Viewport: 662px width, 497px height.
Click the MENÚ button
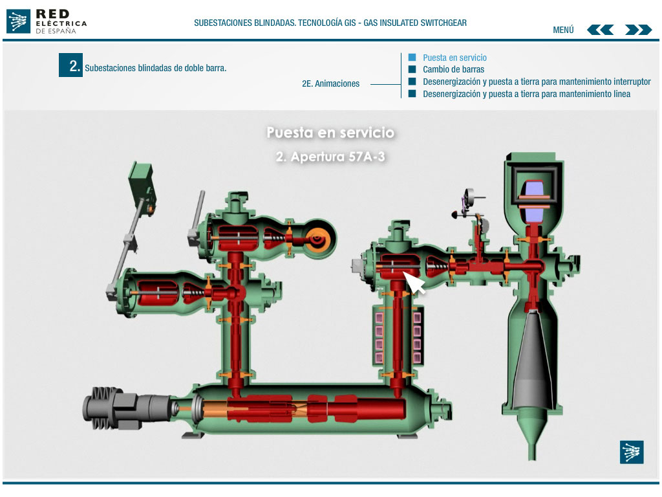coord(563,30)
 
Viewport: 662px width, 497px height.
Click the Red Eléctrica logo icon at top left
coord(18,21)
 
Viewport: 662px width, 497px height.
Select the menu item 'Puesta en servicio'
coord(454,58)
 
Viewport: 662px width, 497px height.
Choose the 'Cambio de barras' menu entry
coord(453,69)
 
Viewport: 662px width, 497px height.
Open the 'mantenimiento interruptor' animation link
coord(537,82)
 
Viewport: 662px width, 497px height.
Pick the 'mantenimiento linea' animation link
coord(526,94)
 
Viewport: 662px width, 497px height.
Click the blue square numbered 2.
coord(70,65)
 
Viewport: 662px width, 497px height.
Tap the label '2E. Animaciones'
coord(330,83)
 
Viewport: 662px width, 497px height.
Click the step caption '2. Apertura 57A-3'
coord(330,157)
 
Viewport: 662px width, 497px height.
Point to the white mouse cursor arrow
coord(413,282)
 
